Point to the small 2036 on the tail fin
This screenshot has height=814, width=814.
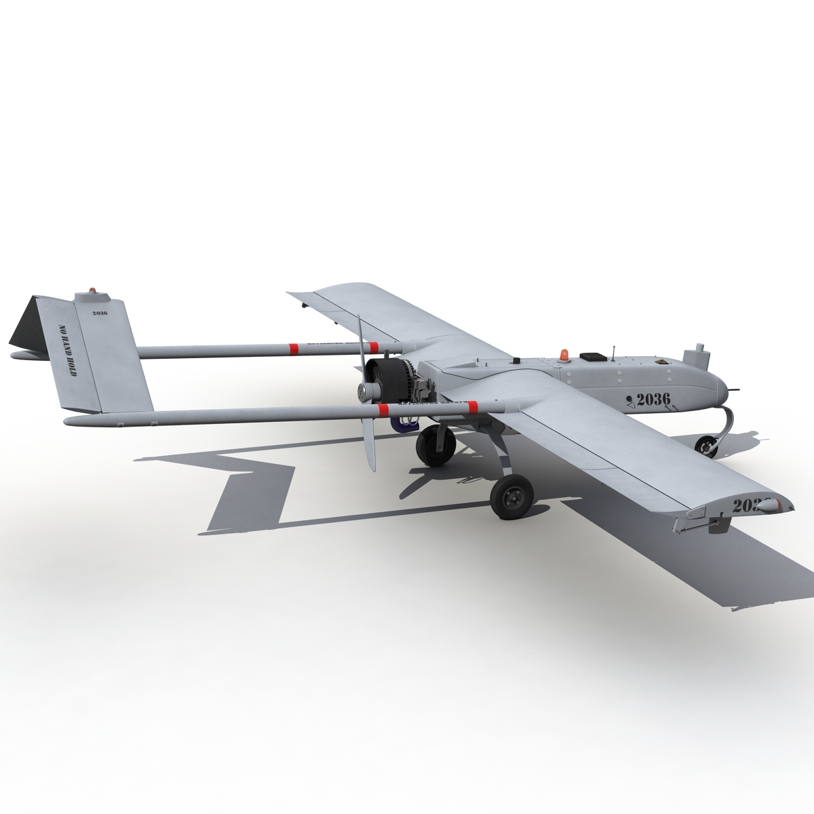(99, 313)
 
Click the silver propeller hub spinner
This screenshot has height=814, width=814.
(366, 393)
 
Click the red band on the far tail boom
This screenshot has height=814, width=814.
(294, 349)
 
